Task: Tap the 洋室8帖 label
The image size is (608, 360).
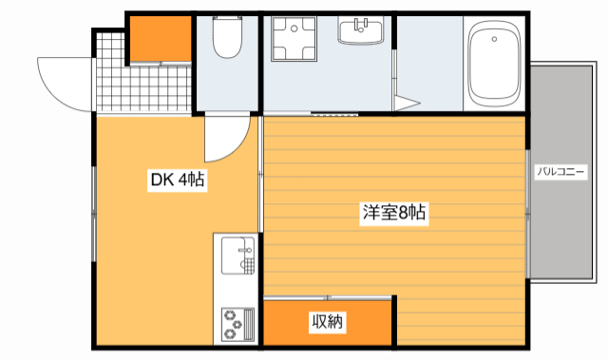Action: click(393, 214)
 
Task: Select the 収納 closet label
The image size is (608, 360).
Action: click(328, 323)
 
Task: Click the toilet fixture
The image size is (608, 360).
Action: click(228, 40)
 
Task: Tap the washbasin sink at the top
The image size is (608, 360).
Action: click(361, 31)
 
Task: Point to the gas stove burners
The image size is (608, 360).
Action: click(235, 323)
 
